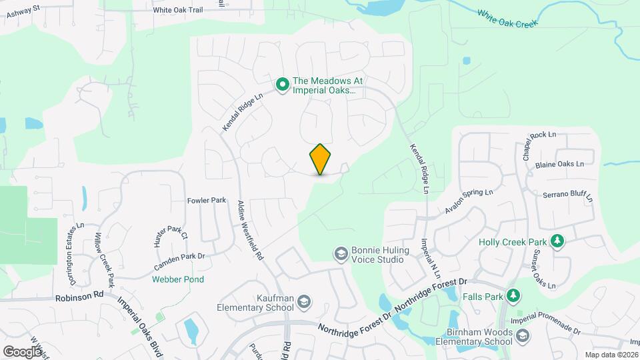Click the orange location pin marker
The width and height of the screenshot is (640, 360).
click(320, 159)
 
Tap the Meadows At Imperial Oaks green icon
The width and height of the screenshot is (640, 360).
click(282, 84)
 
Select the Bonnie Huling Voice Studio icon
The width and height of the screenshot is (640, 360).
click(341, 253)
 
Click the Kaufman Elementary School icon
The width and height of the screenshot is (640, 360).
click(304, 302)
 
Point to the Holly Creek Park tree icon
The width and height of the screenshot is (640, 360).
click(558, 241)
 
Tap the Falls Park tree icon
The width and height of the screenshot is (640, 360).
click(513, 295)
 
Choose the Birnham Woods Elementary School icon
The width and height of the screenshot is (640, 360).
click(522, 336)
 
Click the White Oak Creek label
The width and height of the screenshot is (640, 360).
click(507, 18)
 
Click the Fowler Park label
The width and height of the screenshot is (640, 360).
click(207, 200)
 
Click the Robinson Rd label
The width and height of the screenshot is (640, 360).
click(79, 294)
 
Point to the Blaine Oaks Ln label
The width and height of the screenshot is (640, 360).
click(559, 164)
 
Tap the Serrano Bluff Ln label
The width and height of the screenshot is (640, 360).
click(567, 194)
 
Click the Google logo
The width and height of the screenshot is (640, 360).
click(22, 351)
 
